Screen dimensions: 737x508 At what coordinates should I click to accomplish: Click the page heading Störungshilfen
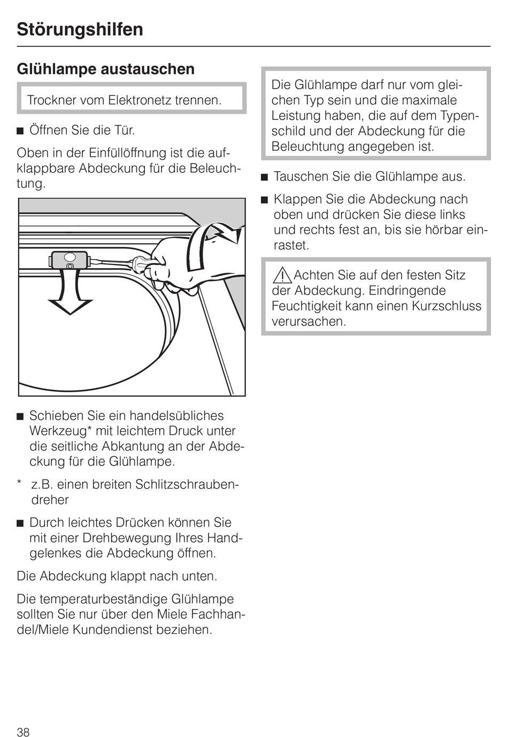[80, 29]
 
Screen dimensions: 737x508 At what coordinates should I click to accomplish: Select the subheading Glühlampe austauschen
[105, 69]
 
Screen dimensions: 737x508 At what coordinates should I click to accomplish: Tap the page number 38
[23, 732]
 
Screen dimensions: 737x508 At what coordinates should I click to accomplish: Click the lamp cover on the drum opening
[68, 260]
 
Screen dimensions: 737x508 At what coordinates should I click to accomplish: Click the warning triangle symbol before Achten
[282, 275]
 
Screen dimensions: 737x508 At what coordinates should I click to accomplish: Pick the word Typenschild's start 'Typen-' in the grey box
[460, 116]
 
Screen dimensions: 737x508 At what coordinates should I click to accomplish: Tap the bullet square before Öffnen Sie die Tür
[20, 130]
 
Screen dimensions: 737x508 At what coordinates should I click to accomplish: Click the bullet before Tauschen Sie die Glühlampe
[264, 177]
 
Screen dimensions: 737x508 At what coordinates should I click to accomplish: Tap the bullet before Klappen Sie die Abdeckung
[264, 200]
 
